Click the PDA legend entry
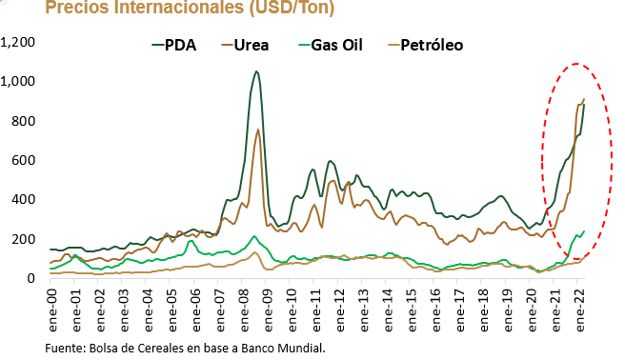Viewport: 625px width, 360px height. tap(174, 45)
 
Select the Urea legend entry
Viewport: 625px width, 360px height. tap(245, 45)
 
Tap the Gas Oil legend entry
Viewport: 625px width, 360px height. tap(331, 45)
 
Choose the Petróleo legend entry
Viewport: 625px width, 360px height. tap(426, 45)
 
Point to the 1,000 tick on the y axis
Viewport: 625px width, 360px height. tap(18, 81)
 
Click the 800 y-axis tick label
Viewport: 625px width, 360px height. tap(23, 121)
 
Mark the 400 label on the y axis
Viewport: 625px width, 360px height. tap(23, 199)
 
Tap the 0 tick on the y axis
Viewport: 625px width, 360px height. tap(31, 278)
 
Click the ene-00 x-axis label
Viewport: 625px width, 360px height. tap(51, 310)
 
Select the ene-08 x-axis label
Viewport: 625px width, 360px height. tap(244, 310)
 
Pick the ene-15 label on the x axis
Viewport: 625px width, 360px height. tap(412, 310)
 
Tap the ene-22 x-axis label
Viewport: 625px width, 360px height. tap(579, 310)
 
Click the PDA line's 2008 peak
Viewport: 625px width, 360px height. tap(256, 71)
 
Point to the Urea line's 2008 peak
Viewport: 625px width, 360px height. tap(258, 130)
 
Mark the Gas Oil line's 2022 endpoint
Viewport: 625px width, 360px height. tap(584, 231)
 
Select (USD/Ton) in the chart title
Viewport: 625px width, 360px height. tap(292, 8)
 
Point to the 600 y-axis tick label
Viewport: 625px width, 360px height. tap(23, 160)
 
